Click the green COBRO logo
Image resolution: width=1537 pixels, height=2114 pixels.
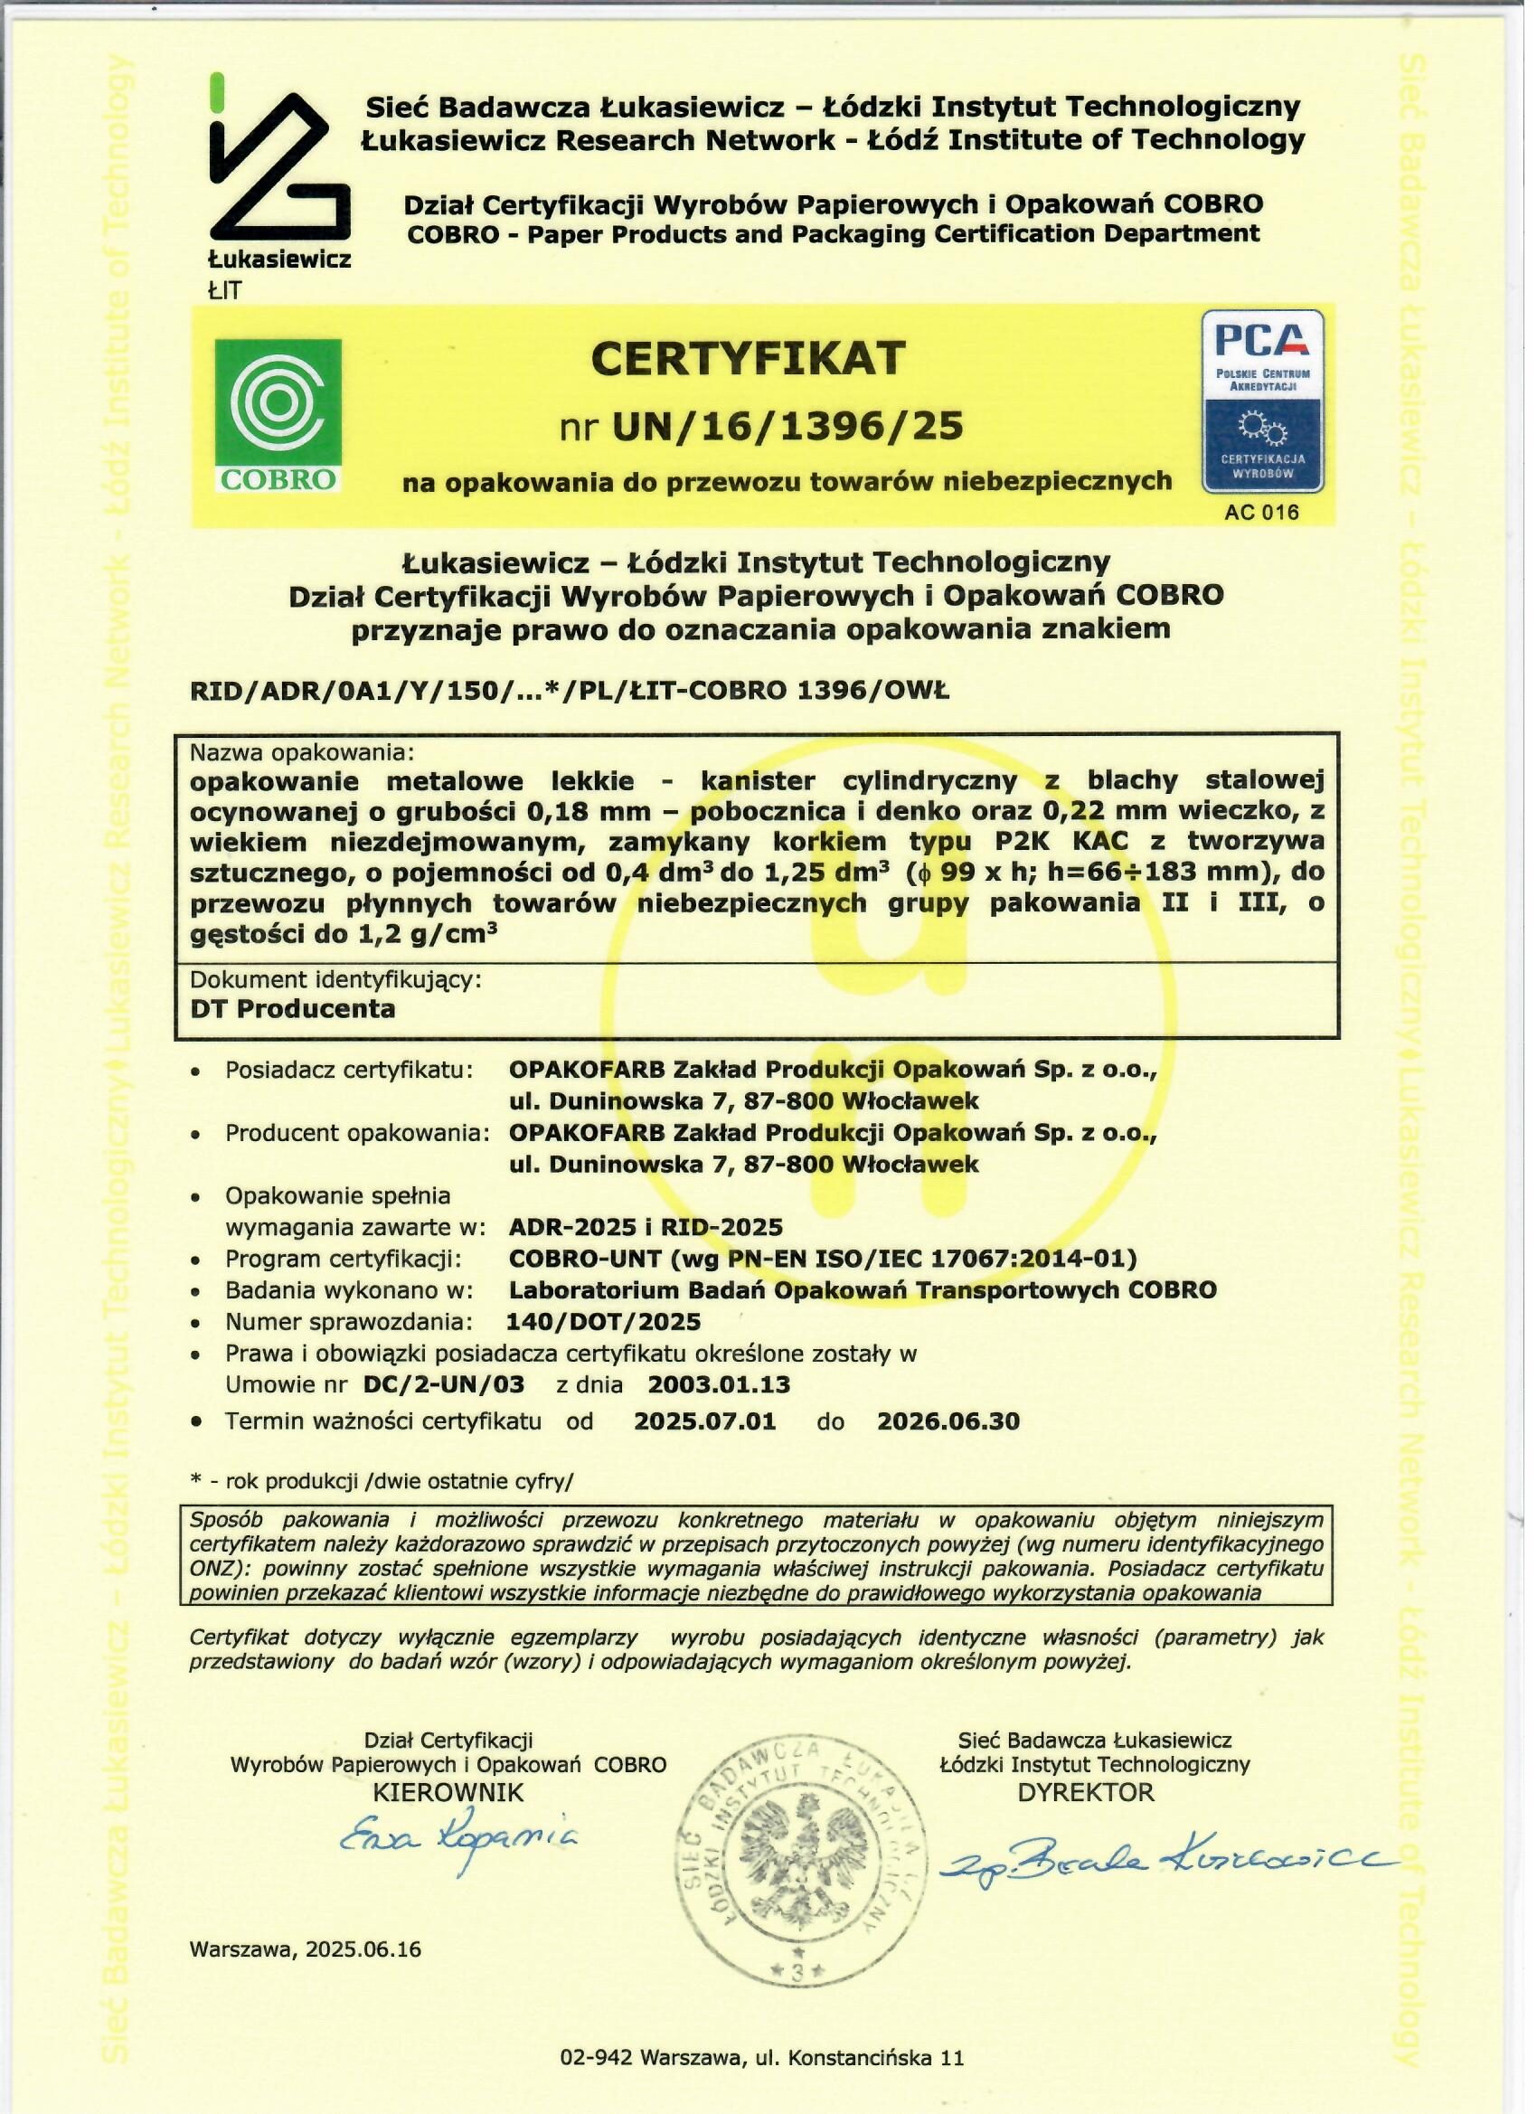coord(278,415)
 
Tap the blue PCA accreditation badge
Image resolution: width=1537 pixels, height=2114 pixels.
coord(1262,401)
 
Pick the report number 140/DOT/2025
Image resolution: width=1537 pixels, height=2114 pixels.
coord(602,1322)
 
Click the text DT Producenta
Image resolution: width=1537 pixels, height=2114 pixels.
coord(293,1007)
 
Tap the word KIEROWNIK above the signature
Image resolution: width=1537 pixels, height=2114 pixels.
coord(448,1792)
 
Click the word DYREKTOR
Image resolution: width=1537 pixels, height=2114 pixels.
coord(1086,1791)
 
